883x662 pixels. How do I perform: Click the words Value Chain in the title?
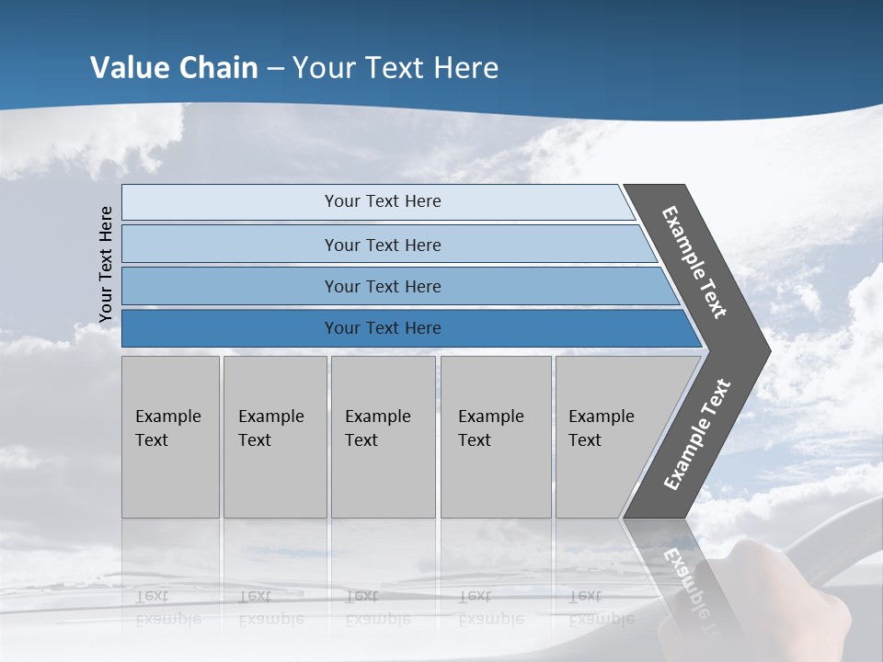pyautogui.click(x=174, y=68)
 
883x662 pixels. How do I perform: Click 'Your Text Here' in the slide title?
pyautogui.click(x=396, y=68)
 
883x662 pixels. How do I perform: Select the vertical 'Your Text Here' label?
pyautogui.click(x=106, y=264)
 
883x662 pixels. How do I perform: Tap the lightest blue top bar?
pyautogui.click(x=230, y=202)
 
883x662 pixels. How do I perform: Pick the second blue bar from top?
pyautogui.click(x=230, y=245)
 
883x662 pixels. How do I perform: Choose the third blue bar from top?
pyautogui.click(x=230, y=286)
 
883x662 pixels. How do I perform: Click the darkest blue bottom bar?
pyautogui.click(x=230, y=328)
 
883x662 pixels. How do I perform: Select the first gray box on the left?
pyautogui.click(x=170, y=437)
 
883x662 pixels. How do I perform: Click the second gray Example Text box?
pyautogui.click(x=275, y=437)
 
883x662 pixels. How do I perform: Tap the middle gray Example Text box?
pyautogui.click(x=383, y=437)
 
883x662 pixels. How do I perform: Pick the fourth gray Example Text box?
pyautogui.click(x=496, y=437)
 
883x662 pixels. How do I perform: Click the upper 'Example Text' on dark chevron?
pyautogui.click(x=694, y=262)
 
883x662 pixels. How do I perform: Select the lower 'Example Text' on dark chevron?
pyautogui.click(x=697, y=434)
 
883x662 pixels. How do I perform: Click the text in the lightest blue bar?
pyautogui.click(x=383, y=201)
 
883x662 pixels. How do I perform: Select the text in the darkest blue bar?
pyautogui.click(x=383, y=328)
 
